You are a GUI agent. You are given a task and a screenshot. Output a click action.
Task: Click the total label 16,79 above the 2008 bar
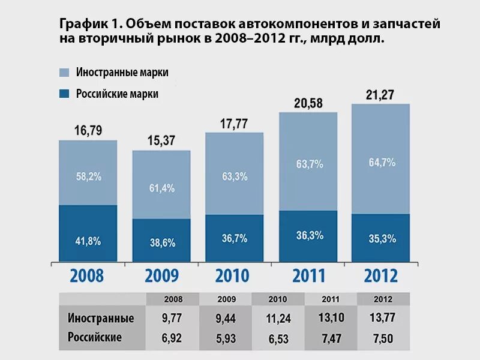tap(88, 131)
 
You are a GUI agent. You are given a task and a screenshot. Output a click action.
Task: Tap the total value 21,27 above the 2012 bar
tap(380, 95)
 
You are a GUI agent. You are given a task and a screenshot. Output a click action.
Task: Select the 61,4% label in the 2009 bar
tap(161, 188)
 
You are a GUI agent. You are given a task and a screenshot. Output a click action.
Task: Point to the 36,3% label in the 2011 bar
tap(308, 236)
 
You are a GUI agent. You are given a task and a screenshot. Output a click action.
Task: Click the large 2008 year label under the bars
tap(87, 275)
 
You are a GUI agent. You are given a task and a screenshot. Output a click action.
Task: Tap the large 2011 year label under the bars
tap(308, 275)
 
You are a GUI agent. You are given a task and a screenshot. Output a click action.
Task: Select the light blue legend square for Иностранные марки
tap(64, 72)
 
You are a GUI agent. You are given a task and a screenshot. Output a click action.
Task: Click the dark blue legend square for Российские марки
tap(64, 94)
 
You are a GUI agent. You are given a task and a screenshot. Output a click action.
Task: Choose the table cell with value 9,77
tap(173, 318)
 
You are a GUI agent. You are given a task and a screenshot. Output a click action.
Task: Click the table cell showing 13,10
tap(331, 318)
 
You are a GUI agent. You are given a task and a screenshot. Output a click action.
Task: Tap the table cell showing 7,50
tap(383, 338)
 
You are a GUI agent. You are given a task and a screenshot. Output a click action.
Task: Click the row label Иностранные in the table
tap(101, 318)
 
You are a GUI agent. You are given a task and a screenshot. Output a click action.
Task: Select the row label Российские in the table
tap(95, 337)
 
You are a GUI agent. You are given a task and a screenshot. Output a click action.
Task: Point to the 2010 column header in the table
tap(278, 299)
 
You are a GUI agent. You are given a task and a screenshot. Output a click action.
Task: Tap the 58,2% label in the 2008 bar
tap(88, 176)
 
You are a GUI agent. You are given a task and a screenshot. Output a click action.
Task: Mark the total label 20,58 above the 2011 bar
tap(308, 103)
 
